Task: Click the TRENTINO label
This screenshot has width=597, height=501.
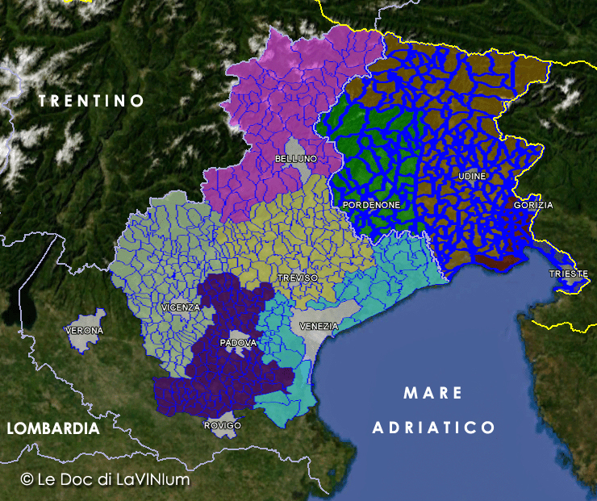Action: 91,101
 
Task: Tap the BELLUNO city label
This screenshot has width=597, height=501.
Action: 296,159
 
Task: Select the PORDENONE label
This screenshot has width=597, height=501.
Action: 371,205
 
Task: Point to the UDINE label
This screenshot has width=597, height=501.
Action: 472,176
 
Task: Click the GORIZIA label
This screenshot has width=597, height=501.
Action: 533,205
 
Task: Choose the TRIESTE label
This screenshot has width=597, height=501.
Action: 569,273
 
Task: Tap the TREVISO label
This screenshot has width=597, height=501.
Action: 298,277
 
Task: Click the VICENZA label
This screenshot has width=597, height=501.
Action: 180,307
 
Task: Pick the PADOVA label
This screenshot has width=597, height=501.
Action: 237,343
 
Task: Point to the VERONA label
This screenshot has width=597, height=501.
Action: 85,331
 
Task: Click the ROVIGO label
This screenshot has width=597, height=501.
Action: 223,425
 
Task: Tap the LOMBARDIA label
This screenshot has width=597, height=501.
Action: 53,429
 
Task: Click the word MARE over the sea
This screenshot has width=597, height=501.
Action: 433,394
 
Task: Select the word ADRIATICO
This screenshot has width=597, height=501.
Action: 433,427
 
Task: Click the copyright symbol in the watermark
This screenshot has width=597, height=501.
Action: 27,479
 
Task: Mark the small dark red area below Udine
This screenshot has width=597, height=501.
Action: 499,263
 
